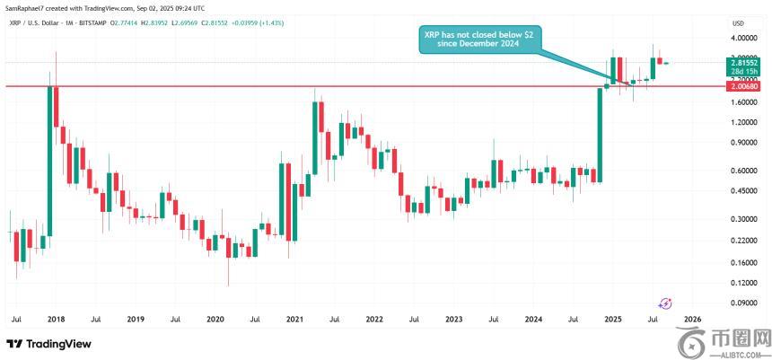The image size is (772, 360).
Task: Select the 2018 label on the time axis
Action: point(56,319)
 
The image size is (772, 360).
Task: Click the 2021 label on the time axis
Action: point(294,319)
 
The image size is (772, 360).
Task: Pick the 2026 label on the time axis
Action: point(692,319)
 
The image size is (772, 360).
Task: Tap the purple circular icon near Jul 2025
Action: point(666,304)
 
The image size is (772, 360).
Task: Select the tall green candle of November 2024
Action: point(599,135)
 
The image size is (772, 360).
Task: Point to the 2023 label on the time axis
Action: point(453,319)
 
